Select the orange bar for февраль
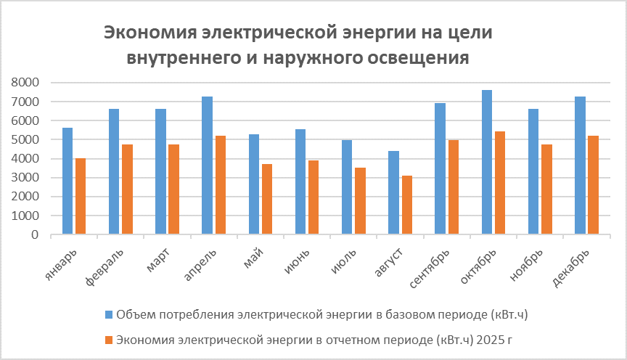pos(127,189)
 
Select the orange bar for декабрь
pos(593,185)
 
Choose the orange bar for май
pos(267,200)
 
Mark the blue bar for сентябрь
pos(440,169)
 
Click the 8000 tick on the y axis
pos(26,83)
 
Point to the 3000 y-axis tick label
pos(26,178)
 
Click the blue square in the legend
pos(108,314)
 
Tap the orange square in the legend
pos(108,338)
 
